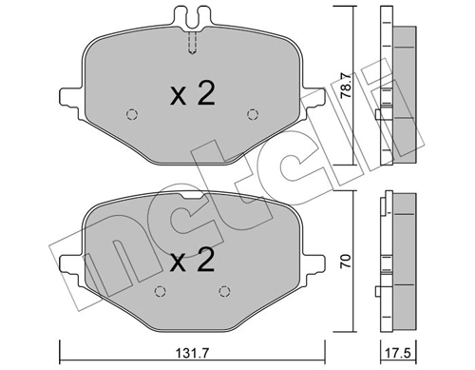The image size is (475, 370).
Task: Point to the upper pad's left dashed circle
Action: [x=132, y=116]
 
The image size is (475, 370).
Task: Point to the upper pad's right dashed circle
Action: [x=253, y=116]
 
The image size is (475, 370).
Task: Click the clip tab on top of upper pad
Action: [x=193, y=15]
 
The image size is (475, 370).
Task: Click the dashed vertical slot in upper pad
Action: [x=193, y=44]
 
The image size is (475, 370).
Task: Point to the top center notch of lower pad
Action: [x=192, y=199]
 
